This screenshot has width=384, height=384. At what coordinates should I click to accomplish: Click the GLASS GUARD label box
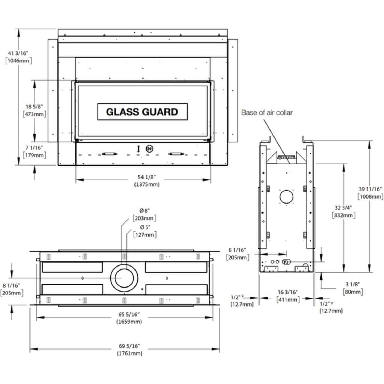142,112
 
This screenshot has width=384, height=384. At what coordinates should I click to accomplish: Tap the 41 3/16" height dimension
18,53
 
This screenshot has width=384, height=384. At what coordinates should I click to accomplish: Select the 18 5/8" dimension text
34,107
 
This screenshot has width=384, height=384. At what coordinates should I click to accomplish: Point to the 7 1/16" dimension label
34,148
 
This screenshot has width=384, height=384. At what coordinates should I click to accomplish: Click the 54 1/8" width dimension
147,177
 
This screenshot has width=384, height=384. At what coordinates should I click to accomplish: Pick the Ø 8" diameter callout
144,211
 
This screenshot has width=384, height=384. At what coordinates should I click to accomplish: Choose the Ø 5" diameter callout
145,227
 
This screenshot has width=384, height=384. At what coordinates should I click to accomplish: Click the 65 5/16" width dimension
129,314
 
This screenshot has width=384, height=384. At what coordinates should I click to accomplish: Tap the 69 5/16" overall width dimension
129,346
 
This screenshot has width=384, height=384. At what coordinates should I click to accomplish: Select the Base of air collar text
267,113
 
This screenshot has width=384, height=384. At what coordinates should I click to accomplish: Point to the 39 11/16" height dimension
370,189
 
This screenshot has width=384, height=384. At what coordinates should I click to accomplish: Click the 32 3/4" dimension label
343,208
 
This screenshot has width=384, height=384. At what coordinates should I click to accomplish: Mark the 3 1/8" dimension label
353,284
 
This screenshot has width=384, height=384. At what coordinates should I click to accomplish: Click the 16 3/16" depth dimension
288,292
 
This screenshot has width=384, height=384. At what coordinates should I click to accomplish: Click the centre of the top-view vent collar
124,278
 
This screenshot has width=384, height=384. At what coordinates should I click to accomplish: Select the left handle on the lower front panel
109,154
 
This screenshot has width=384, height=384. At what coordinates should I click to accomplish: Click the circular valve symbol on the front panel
150,149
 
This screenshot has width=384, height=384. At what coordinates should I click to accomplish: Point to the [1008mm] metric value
370,197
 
